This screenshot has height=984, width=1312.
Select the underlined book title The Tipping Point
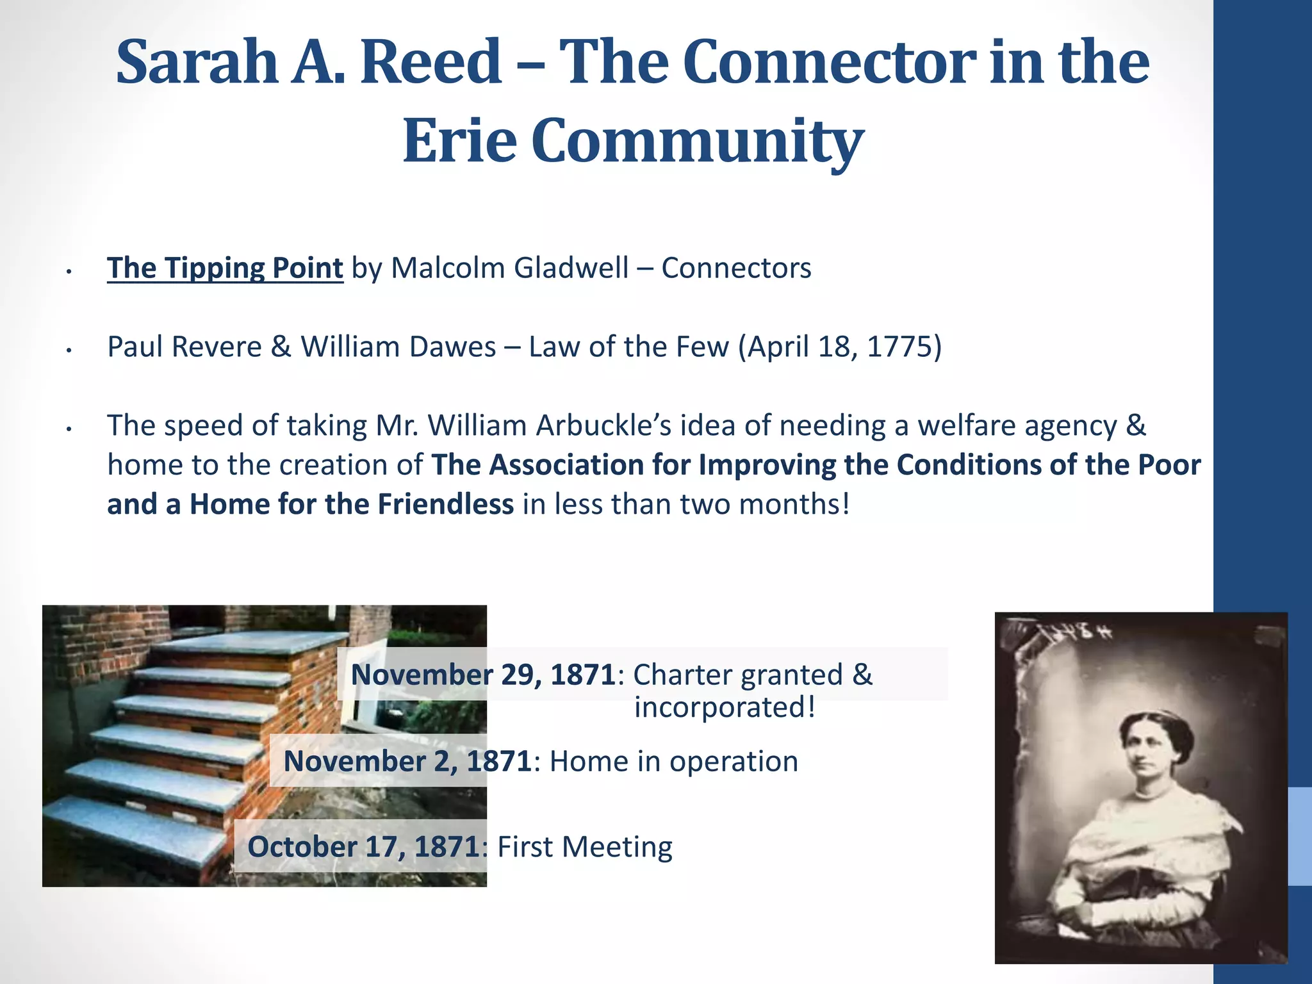225,268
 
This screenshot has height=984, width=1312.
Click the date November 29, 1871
483,675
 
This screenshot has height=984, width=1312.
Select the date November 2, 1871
407,761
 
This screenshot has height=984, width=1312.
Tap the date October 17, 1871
364,846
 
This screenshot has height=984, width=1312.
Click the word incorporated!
725,707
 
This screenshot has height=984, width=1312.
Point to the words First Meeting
585,846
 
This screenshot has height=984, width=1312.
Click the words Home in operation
673,761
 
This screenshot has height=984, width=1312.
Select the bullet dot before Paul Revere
69,350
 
